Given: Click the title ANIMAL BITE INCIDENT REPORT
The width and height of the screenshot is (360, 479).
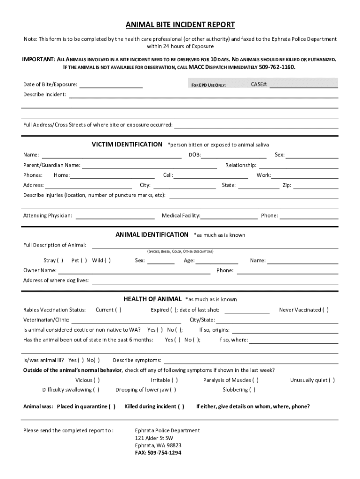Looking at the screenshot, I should point(180,25).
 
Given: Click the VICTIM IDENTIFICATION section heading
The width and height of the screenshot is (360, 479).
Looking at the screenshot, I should point(127,144).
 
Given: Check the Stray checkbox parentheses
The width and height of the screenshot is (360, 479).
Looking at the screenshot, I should point(60,261).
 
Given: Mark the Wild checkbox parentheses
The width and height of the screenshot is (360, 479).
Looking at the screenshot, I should point(108,261).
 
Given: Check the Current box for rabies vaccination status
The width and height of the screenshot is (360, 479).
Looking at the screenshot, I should point(119,310).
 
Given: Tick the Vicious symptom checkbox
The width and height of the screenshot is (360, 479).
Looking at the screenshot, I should point(97,380).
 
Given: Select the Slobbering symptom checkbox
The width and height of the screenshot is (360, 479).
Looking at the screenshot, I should point(253,390).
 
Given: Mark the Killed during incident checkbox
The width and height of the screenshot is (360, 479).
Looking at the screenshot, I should point(181,406).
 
